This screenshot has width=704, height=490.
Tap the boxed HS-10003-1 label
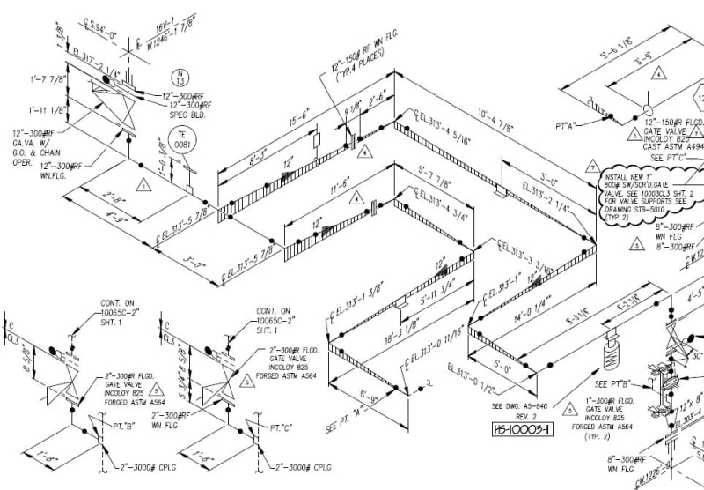[x=523, y=429]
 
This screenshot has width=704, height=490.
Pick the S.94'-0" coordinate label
[x=99, y=24]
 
